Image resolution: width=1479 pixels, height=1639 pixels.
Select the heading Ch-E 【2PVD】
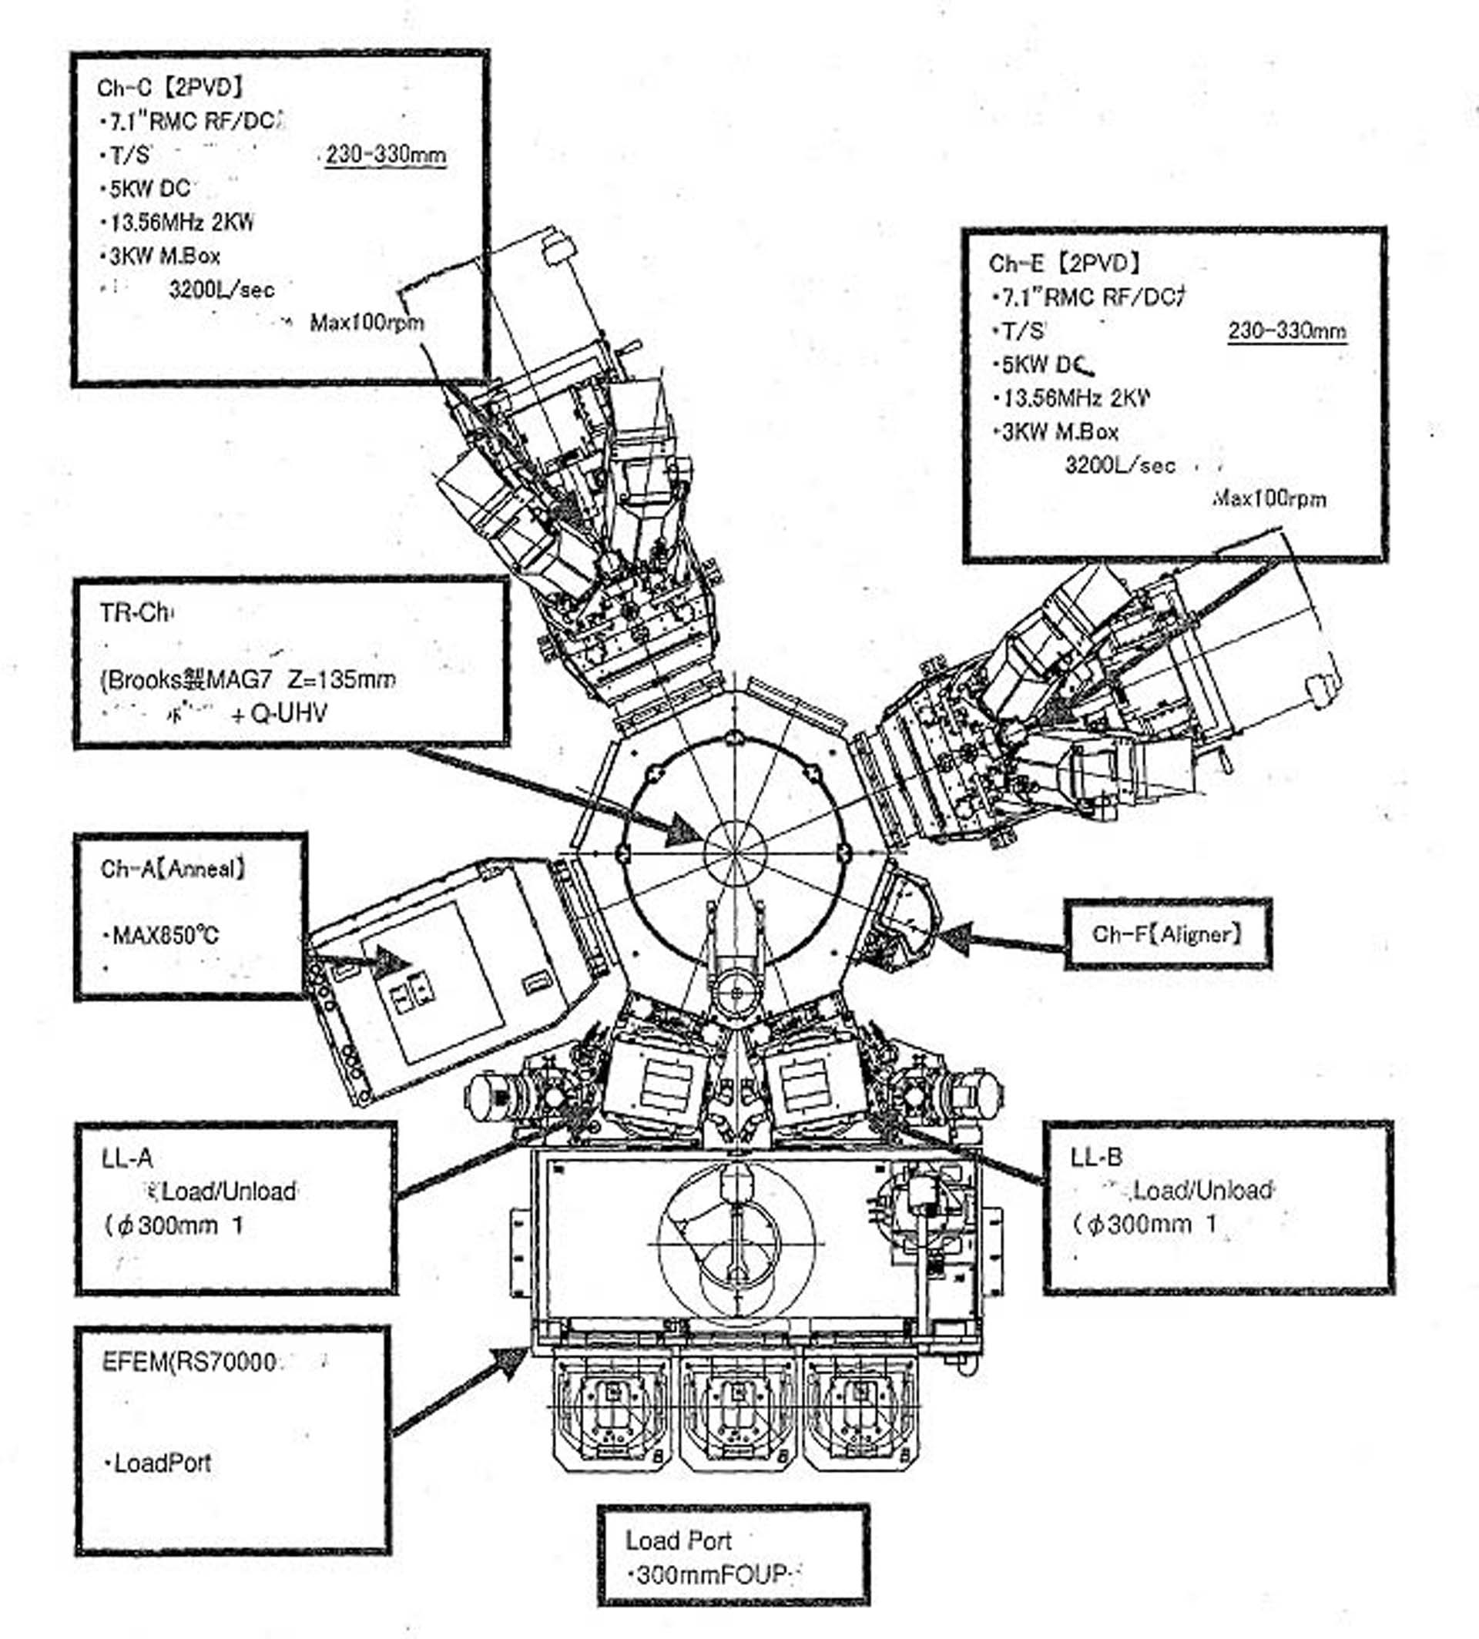pyautogui.click(x=1064, y=263)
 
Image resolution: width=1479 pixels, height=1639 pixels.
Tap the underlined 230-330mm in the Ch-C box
pyautogui.click(x=385, y=154)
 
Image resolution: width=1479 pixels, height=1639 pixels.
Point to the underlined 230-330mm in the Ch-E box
pyautogui.click(x=1287, y=330)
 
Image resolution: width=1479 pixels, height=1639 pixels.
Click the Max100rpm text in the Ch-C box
pyautogui.click(x=367, y=323)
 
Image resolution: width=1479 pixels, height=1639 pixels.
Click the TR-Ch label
pyautogui.click(x=136, y=612)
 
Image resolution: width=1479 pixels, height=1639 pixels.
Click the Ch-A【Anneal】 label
pyautogui.click(x=173, y=870)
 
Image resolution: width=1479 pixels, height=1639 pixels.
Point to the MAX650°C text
pyautogui.click(x=165, y=935)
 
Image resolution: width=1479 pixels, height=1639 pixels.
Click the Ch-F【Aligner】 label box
pyautogui.click(x=1167, y=934)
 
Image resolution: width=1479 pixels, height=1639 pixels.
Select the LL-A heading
pyautogui.click(x=128, y=1158)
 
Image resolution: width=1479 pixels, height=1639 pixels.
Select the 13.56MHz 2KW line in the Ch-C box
pyautogui.click(x=181, y=222)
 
